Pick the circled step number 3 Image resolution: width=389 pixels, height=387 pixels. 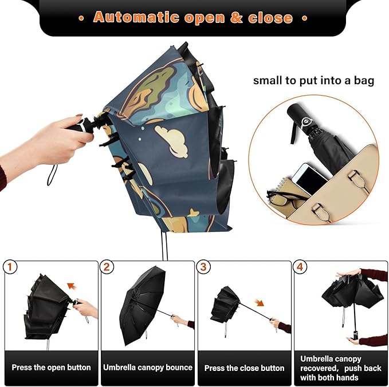coord(204,267)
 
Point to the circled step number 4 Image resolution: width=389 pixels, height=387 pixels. coord(300,267)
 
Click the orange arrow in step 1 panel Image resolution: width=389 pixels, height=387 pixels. coord(72,285)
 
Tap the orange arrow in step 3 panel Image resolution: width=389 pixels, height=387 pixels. coord(260,303)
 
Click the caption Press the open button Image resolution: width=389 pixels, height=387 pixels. coord(52,367)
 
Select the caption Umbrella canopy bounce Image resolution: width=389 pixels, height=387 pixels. coord(148,367)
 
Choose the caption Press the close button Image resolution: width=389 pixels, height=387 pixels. coord(244,367)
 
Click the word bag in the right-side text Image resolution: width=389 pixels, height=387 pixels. coord(363,80)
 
